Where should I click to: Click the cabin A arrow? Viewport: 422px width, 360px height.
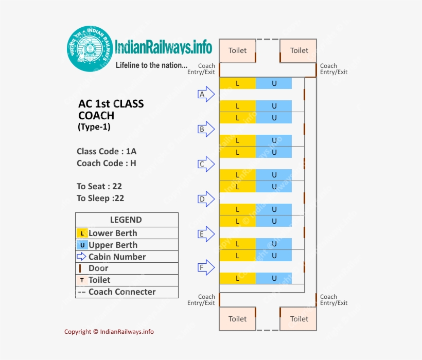click(206, 95)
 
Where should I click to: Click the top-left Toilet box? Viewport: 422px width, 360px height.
click(237, 50)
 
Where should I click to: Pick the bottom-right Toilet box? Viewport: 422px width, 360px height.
click(298, 319)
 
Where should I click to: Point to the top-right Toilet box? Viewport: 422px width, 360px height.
click(298, 50)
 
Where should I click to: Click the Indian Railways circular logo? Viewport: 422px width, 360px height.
click(91, 49)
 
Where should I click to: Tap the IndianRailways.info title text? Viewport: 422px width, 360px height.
click(164, 47)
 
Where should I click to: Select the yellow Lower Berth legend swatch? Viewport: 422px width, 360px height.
click(82, 233)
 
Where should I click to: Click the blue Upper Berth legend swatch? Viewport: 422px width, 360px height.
click(82, 245)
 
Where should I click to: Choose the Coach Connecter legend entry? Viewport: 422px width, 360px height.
click(121, 292)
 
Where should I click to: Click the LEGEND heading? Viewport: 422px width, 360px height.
click(126, 220)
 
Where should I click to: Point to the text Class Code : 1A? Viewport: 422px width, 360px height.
click(107, 151)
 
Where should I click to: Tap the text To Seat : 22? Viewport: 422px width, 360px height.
click(99, 186)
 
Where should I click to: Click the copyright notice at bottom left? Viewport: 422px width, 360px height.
click(109, 332)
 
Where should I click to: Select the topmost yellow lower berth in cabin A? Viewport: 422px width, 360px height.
click(237, 83)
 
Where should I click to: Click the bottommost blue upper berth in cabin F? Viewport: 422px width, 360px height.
click(274, 278)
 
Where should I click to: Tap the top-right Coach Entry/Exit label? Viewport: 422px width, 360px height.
click(333, 69)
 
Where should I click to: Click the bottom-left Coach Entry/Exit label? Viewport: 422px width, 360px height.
click(201, 300)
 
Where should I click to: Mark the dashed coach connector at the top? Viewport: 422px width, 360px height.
click(268, 40)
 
